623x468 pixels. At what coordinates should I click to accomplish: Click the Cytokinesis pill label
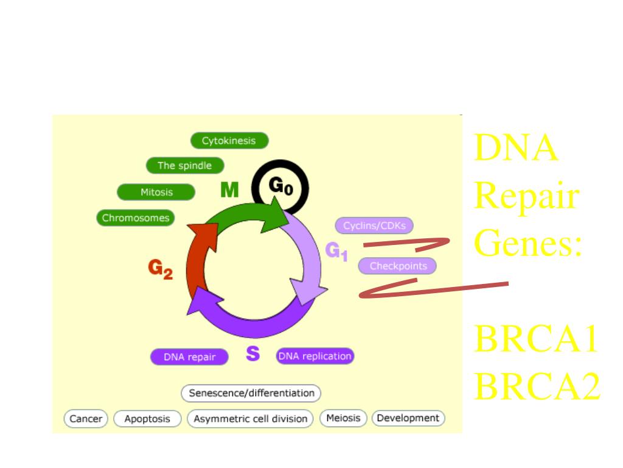click(x=229, y=141)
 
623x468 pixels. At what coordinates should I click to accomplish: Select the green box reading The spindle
click(x=185, y=166)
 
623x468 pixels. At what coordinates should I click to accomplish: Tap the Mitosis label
click(x=156, y=192)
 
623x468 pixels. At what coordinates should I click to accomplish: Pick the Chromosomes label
click(x=136, y=218)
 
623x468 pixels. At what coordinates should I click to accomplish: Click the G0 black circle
click(x=280, y=188)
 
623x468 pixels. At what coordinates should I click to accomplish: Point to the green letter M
click(x=229, y=191)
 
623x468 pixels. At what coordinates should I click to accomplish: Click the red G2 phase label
click(x=161, y=269)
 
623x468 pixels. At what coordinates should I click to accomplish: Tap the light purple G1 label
click(x=336, y=250)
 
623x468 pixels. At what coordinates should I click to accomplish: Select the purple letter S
click(x=253, y=353)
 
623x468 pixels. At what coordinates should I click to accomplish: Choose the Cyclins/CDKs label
click(x=374, y=226)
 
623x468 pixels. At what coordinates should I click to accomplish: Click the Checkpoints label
click(x=398, y=266)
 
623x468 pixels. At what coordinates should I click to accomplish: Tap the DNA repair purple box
click(x=189, y=357)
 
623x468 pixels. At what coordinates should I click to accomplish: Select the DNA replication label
click(x=315, y=356)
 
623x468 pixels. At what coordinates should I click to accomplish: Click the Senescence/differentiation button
click(x=251, y=393)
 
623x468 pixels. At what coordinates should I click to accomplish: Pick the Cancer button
click(x=86, y=419)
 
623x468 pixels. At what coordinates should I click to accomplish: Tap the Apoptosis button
click(x=147, y=419)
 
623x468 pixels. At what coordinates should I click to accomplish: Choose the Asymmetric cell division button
click(x=250, y=419)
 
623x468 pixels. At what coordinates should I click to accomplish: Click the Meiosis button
click(x=344, y=418)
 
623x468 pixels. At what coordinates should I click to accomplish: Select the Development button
click(x=408, y=418)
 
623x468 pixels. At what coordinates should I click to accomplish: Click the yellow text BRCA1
click(x=535, y=339)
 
